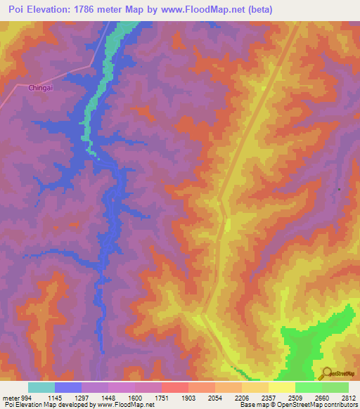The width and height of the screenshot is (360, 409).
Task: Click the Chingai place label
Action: (40, 89)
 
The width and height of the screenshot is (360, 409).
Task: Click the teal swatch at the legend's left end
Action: (41, 387)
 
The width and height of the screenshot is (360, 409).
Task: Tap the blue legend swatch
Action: (67, 387)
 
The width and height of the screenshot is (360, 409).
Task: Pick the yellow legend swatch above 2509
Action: (281, 387)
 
